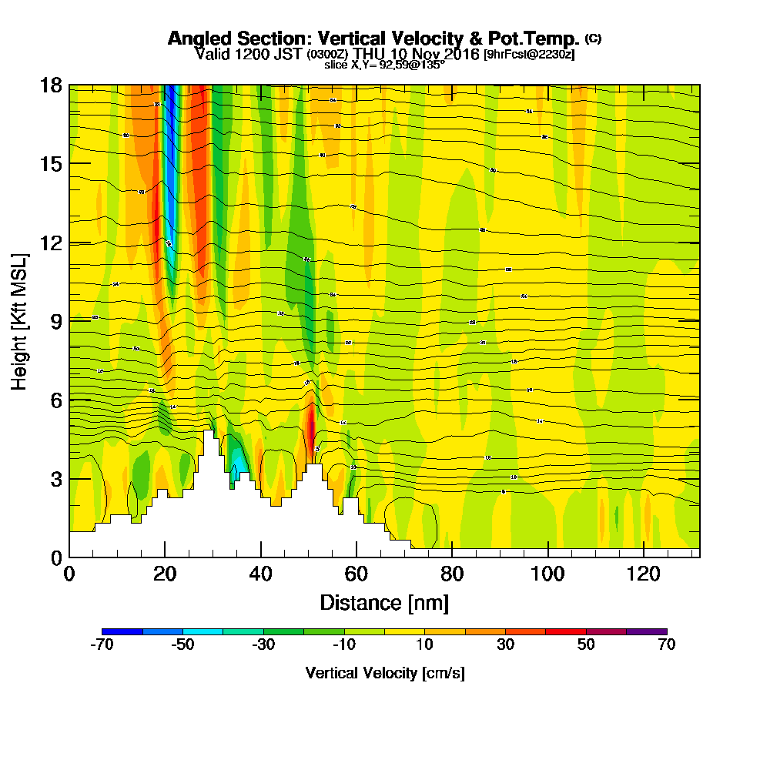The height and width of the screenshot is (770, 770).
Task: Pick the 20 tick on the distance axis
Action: click(x=165, y=574)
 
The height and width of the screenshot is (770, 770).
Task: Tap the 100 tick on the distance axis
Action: click(x=547, y=574)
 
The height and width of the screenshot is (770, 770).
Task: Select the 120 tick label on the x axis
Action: click(x=643, y=574)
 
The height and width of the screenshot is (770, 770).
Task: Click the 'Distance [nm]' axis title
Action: click(x=384, y=602)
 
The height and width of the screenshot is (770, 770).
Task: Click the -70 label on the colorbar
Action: click(x=102, y=645)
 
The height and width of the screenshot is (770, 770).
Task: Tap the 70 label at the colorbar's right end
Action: click(x=666, y=645)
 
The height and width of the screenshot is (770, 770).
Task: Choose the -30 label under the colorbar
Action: click(x=263, y=645)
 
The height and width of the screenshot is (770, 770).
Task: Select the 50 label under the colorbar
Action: click(x=586, y=645)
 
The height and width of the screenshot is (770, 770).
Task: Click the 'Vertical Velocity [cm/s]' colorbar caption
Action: click(x=384, y=673)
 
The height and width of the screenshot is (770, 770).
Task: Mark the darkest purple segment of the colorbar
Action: click(x=646, y=631)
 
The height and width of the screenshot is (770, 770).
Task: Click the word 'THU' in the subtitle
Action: click(x=370, y=54)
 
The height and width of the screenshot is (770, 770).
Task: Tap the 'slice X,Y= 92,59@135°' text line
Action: click(x=384, y=65)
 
